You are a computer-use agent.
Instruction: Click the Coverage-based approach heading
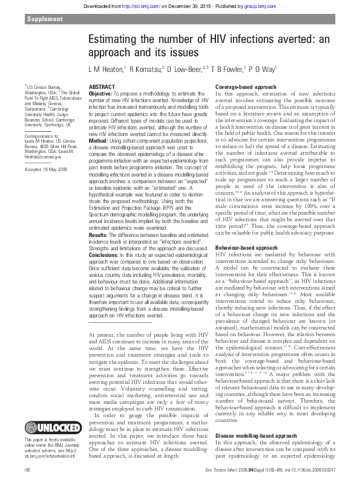click(244, 87)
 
